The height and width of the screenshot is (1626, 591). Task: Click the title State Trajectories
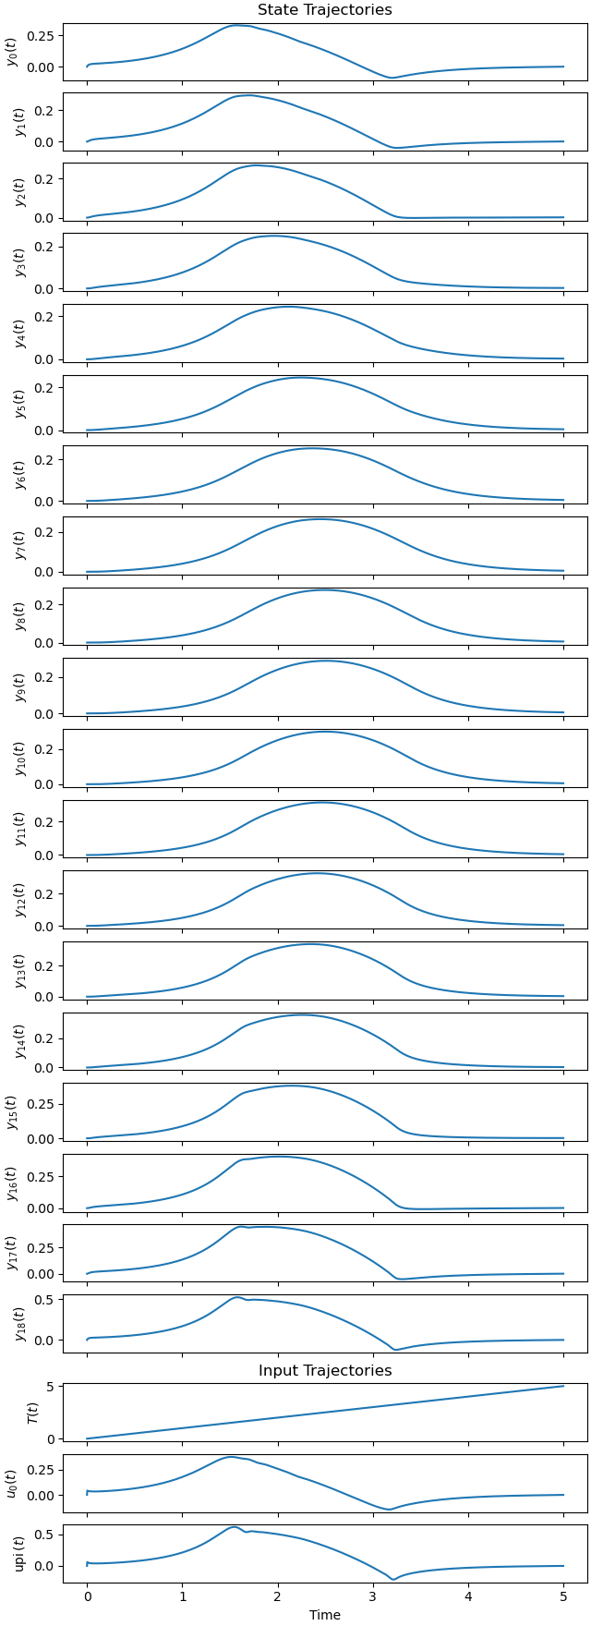point(324,10)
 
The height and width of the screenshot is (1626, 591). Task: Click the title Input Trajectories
point(324,1371)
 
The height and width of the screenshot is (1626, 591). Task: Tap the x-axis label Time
point(324,1615)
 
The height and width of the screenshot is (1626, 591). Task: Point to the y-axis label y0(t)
point(12,53)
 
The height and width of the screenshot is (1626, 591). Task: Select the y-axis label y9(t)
point(19,686)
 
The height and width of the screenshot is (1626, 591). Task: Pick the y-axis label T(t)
point(31,1413)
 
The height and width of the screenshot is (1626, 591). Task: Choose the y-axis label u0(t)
point(12,1483)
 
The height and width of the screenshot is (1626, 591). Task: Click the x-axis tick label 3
point(373,1596)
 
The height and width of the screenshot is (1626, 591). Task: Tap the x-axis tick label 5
point(563,1596)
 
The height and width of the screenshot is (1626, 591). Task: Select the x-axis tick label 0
point(87,1596)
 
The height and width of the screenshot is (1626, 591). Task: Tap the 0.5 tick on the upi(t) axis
point(45,1535)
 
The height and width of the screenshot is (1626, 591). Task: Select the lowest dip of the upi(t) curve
point(392,1580)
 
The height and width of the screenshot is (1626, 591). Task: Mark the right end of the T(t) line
point(563,1386)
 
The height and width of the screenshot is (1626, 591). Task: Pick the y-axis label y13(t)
point(19,970)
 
